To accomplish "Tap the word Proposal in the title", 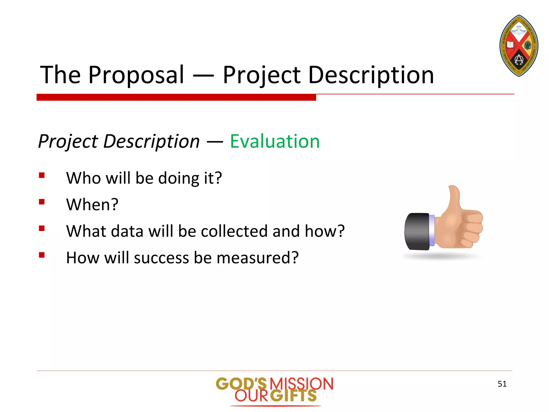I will click(136, 75).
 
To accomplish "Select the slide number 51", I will click(502, 384).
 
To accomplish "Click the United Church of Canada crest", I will click(519, 46).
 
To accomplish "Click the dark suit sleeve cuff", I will click(417, 231).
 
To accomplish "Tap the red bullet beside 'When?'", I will click(42, 202).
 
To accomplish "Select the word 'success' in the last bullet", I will click(161, 258).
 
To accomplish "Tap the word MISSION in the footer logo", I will click(301, 384).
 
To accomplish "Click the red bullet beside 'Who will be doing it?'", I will click(42, 175).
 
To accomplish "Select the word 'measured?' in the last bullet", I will click(257, 258).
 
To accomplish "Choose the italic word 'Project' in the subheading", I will click(68, 141).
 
